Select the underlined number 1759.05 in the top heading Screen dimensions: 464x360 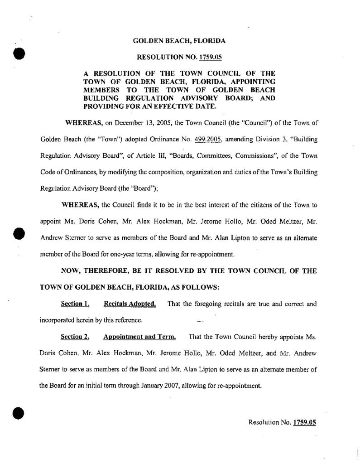[200, 58]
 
